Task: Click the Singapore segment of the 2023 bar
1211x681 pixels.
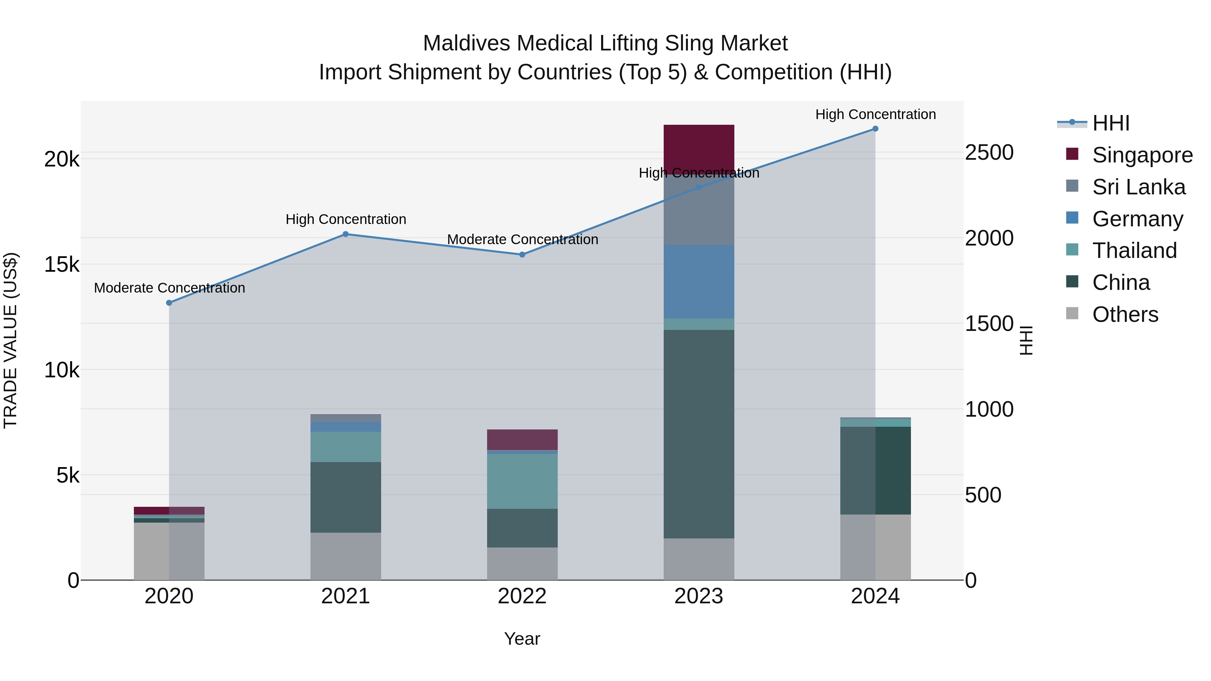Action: click(699, 146)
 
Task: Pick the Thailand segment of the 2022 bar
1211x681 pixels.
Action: click(522, 481)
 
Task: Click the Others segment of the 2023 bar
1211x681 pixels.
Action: click(699, 559)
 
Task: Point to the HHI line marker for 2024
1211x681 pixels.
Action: click(875, 129)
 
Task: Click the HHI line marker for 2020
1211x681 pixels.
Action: click(169, 303)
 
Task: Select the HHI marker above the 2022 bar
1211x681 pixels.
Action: click(522, 255)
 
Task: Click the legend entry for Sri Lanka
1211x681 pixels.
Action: click(1138, 187)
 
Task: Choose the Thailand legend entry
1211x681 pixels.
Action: click(1134, 251)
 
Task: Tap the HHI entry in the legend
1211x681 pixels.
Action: click(1110, 123)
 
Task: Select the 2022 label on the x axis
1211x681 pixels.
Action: click(522, 596)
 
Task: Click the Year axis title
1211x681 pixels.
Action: click(522, 639)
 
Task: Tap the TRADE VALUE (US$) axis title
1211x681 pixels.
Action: click(10, 340)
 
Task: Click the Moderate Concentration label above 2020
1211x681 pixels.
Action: click(169, 288)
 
